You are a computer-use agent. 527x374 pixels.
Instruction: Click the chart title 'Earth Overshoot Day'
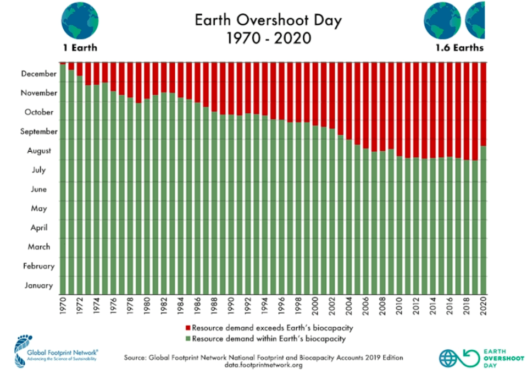pos(268,21)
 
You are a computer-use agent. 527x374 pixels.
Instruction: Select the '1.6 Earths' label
pos(459,47)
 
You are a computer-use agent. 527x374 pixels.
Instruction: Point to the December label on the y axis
pos(40,74)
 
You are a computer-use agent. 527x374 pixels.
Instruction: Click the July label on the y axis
pos(38,170)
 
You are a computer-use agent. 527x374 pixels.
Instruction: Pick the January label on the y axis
pos(39,285)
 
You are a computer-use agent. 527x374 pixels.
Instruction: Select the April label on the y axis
pos(38,228)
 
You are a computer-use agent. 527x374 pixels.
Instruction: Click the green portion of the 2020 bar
pos(483,220)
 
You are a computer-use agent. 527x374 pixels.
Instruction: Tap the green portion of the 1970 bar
pos(63,182)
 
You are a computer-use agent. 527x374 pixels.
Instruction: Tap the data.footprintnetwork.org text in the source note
pos(264,365)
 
